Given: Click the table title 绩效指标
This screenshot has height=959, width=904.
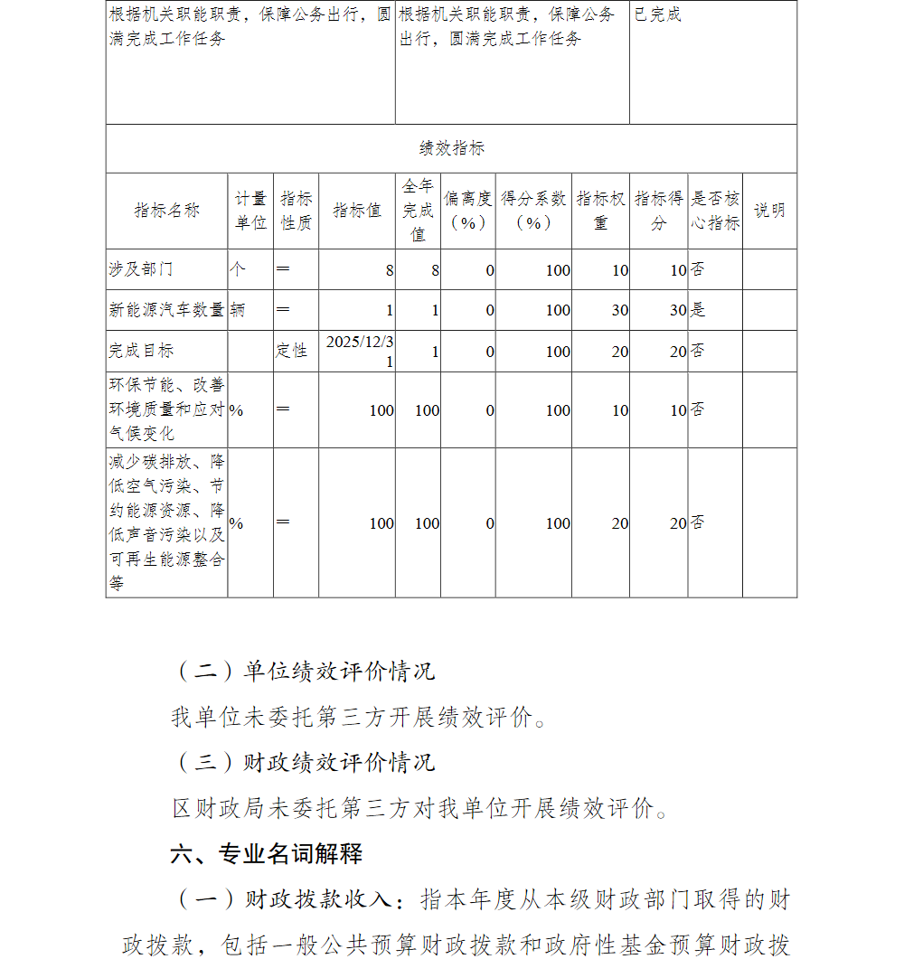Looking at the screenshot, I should (451, 149).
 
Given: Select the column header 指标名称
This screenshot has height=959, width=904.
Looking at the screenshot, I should (166, 211).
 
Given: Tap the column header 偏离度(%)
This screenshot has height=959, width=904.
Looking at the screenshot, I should (467, 211).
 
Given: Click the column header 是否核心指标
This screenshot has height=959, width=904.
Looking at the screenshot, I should (715, 211).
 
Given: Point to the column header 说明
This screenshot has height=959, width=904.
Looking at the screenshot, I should (769, 211).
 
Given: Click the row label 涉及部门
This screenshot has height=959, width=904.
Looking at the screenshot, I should (141, 269).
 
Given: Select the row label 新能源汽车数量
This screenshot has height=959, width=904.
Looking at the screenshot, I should (166, 310).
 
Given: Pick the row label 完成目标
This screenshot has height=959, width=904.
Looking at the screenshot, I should (141, 351).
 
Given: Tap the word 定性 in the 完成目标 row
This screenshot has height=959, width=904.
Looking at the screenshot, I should (291, 351).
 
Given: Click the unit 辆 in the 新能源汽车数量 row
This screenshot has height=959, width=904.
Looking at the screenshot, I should (238, 310).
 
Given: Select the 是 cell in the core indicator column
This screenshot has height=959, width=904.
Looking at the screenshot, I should (698, 310).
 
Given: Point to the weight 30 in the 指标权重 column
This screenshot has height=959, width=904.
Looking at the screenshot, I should (619, 310).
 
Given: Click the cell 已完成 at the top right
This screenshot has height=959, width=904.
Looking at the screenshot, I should (657, 15).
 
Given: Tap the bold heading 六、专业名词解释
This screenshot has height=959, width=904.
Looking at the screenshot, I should (267, 853).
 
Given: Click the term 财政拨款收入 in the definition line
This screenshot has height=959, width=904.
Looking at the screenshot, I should (318, 900).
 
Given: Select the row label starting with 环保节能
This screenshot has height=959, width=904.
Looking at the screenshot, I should (166, 409).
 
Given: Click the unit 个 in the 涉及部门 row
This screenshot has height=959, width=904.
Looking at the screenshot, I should (238, 269).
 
